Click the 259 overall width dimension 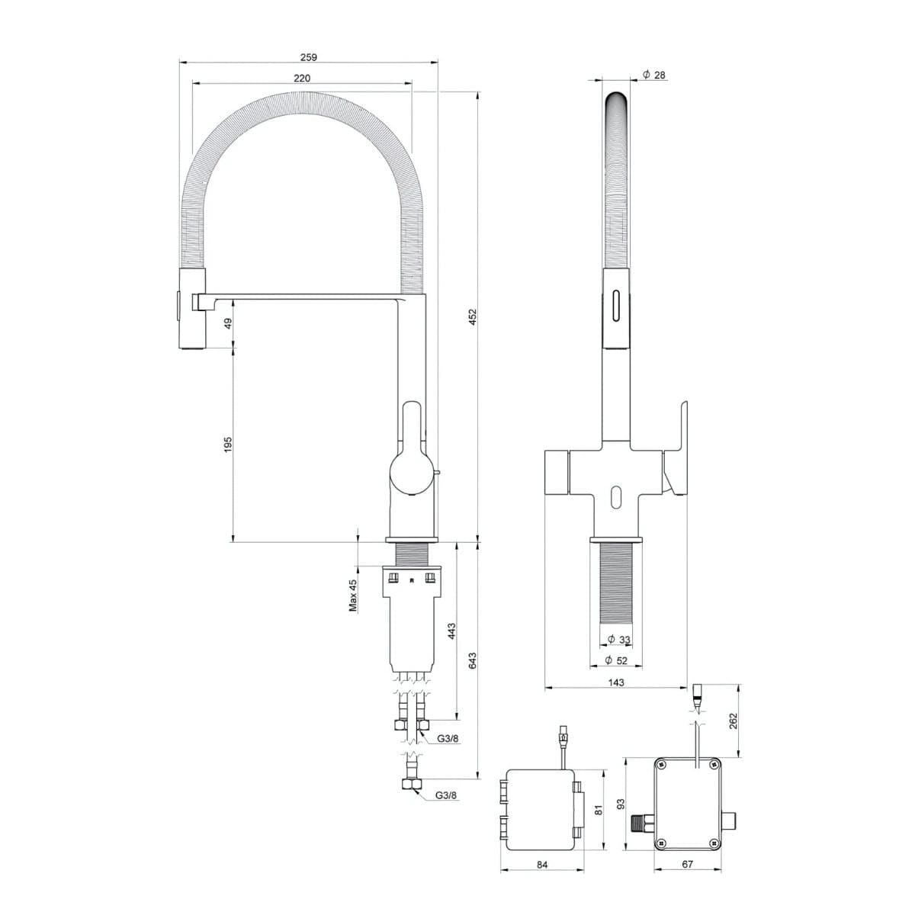309,57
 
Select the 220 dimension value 302,78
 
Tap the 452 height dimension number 473,316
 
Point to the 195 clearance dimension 228,445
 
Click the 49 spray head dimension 228,323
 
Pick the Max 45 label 353,595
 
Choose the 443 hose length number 451,631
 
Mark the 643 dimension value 473,661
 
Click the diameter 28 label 653,75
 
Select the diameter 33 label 618,640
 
